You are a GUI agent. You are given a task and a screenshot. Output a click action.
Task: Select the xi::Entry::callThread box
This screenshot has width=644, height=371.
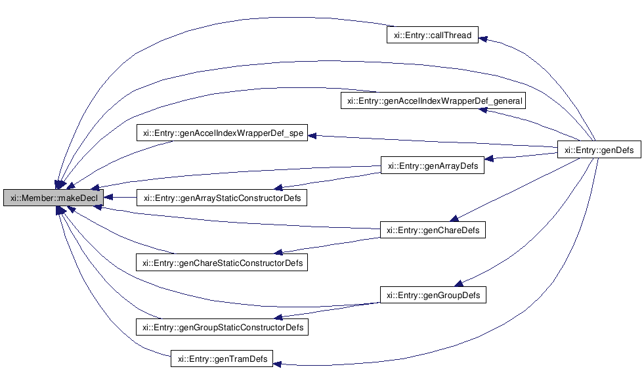(x=431, y=35)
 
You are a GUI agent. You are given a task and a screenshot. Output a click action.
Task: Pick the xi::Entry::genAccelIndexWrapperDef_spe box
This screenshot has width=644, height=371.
(x=223, y=133)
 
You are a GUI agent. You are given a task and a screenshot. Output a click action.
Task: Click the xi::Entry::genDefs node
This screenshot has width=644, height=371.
(x=599, y=150)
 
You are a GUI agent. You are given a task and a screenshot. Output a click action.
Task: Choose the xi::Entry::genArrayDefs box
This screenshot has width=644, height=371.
(x=433, y=165)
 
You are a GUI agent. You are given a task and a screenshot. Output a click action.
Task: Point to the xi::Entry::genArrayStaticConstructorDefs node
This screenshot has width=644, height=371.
(x=222, y=198)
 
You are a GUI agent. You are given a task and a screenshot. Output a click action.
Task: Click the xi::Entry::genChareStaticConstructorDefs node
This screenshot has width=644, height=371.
(x=222, y=263)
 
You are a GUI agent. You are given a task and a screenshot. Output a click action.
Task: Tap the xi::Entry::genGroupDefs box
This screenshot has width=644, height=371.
(x=433, y=295)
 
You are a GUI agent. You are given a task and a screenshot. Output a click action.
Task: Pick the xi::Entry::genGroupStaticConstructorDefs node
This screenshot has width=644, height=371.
(x=222, y=326)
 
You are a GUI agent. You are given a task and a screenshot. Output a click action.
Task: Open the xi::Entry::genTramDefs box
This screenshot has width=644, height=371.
(x=222, y=359)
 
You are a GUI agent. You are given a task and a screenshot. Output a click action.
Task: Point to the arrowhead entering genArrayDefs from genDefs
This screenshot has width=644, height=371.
(x=490, y=158)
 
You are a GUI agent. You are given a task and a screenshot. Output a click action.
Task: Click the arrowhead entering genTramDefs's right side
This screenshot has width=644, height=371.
(x=278, y=363)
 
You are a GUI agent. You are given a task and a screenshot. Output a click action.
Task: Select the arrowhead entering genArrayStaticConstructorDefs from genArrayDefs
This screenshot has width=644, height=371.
(x=278, y=187)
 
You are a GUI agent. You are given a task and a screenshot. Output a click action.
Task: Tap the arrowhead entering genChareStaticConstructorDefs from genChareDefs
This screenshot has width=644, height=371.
(x=278, y=251)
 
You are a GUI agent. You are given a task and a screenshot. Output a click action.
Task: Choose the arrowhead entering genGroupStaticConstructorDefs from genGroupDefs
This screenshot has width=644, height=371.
(x=278, y=316)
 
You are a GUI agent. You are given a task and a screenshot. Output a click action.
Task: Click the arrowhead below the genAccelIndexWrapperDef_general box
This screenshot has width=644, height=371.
(x=483, y=110)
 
